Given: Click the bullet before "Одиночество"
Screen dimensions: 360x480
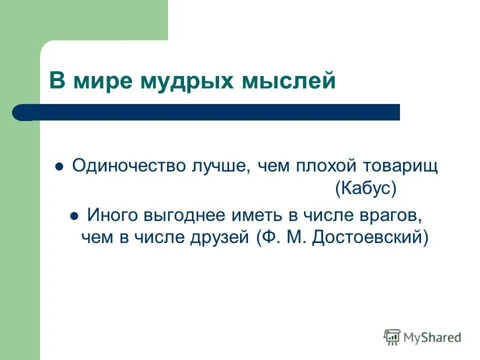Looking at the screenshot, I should (x=59, y=167).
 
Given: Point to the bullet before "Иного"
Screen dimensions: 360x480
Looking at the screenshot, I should (x=74, y=217).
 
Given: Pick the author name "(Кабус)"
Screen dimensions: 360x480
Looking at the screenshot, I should (x=365, y=188).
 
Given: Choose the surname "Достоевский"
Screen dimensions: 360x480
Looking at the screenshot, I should (x=370, y=237).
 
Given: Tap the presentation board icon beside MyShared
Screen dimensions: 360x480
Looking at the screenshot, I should (x=392, y=337).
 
